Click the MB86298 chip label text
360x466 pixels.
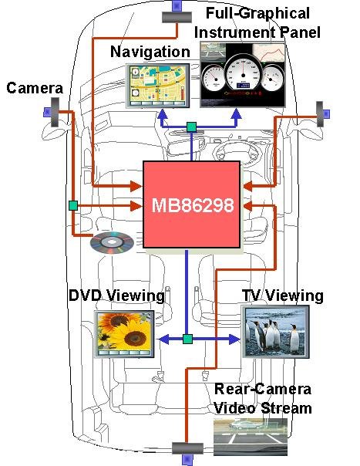(193, 205)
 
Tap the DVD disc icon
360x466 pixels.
(112, 242)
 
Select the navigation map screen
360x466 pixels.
(158, 86)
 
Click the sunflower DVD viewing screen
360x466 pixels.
(124, 334)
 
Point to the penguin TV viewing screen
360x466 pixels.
(275, 332)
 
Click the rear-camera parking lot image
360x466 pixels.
(251, 437)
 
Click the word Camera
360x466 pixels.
(35, 88)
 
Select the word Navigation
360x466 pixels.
(150, 52)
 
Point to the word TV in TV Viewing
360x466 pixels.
(252, 295)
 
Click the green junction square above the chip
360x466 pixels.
(192, 127)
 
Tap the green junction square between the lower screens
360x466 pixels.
(187, 339)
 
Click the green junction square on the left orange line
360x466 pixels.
(73, 205)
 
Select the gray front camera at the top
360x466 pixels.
(177, 17)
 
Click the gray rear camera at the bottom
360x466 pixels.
(188, 448)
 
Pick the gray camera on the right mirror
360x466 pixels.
(319, 114)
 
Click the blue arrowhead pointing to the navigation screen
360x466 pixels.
(162, 114)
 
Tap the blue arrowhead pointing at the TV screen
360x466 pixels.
(234, 339)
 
